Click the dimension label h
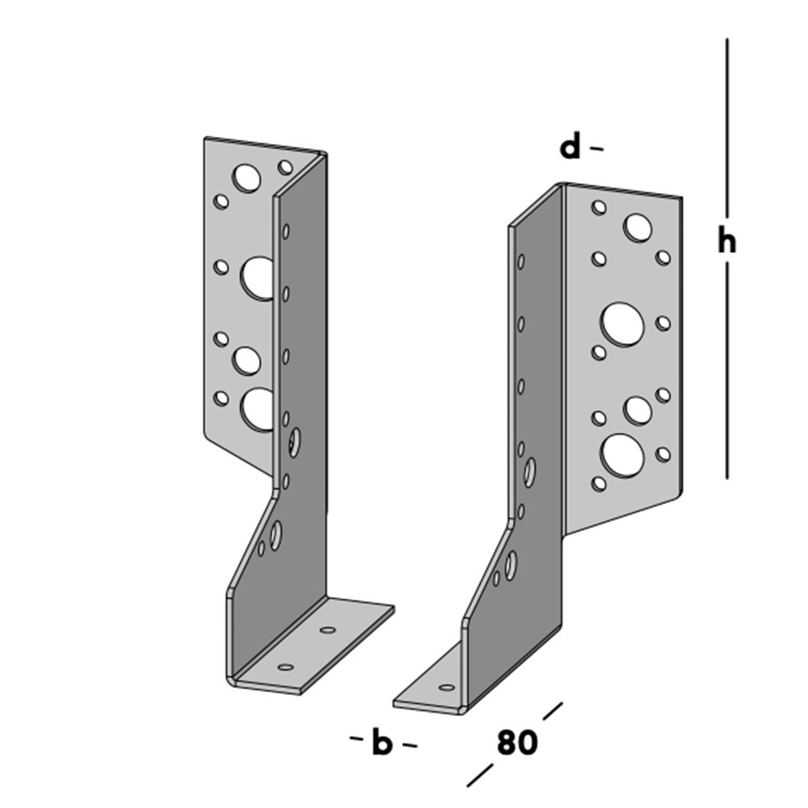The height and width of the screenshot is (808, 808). (727, 240)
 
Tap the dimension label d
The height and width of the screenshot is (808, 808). (571, 147)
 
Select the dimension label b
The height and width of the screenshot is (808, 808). (381, 743)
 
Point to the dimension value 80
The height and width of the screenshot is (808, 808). (517, 743)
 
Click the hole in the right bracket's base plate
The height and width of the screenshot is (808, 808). (446, 688)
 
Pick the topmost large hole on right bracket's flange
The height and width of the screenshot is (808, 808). (638, 228)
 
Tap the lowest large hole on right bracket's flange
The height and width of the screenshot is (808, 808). (622, 455)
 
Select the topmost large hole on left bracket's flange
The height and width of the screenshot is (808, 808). (246, 178)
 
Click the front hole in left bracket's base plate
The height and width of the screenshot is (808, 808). (285, 667)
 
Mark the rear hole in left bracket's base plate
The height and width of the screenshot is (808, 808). (327, 629)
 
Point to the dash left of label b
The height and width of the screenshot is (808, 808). (356, 739)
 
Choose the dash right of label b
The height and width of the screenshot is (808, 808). (410, 745)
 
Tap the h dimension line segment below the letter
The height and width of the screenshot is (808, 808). (727, 372)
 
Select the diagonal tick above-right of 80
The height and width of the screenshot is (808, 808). (553, 711)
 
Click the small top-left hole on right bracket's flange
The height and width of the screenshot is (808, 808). (599, 208)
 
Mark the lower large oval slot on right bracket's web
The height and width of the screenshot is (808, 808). (511, 564)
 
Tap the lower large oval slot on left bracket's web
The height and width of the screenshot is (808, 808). (276, 535)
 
